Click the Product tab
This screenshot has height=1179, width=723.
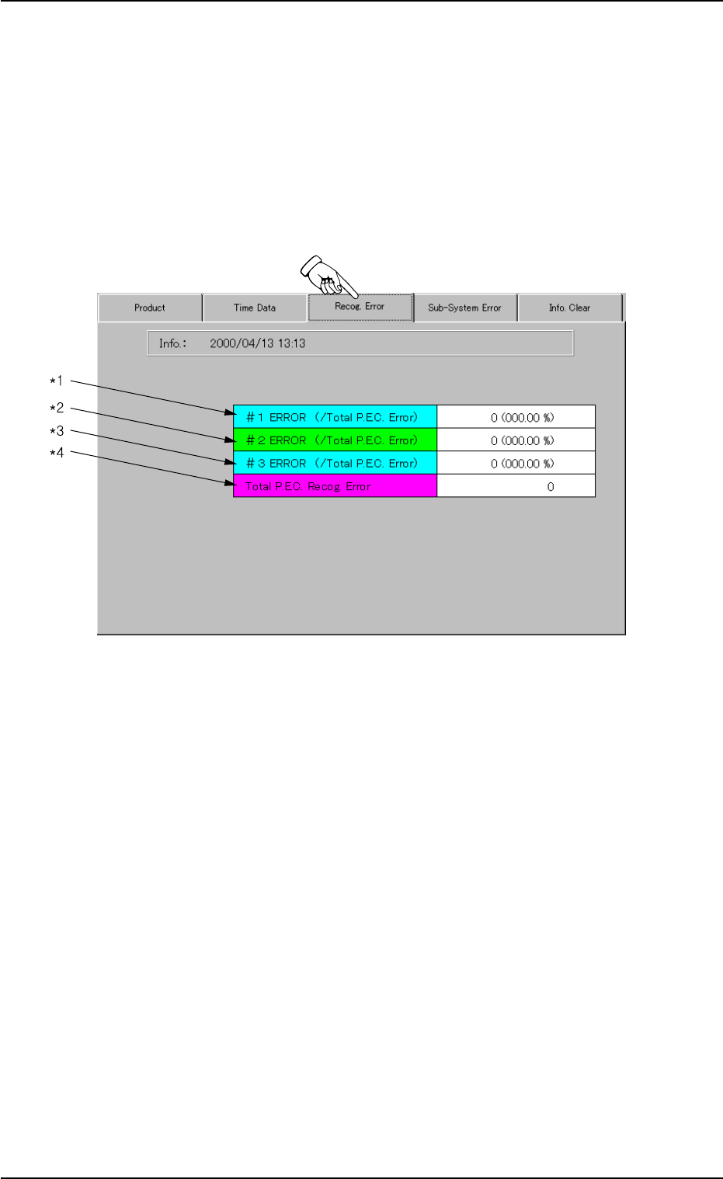click(150, 308)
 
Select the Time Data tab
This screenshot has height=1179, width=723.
click(255, 308)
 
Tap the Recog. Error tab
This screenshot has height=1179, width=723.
click(360, 307)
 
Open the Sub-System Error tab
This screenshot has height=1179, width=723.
click(464, 308)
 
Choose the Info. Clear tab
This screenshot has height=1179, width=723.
click(569, 308)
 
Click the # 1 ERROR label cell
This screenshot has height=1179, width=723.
click(335, 417)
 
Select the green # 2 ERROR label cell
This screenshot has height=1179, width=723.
click(335, 440)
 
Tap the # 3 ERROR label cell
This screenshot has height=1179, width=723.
click(335, 464)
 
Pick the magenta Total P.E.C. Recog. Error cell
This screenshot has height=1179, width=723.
click(335, 487)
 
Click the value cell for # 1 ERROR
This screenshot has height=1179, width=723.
click(516, 417)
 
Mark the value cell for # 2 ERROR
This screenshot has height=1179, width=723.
click(516, 440)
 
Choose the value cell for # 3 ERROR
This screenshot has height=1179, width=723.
click(516, 464)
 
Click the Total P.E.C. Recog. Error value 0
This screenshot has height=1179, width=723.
click(551, 487)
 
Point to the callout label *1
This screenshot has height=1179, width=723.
click(57, 381)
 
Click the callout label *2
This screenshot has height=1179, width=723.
click(57, 408)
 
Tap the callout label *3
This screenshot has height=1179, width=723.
click(57, 431)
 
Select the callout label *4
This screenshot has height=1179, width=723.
click(57, 453)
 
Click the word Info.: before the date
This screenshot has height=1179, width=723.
click(172, 343)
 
